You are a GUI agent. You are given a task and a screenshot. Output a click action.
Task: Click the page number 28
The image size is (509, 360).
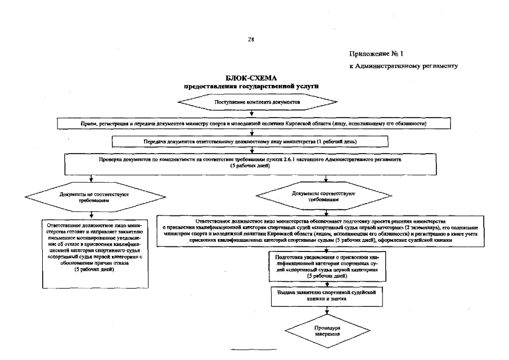point(251,40)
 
